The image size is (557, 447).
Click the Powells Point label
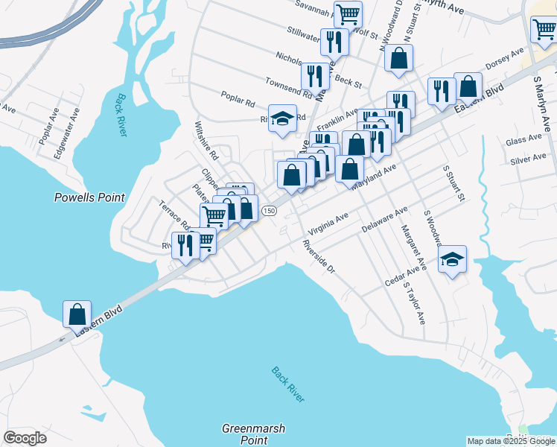pyautogui.click(x=89, y=197)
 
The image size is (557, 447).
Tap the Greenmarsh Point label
pyautogui.click(x=254, y=434)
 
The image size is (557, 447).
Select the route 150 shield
pyautogui.click(x=269, y=212)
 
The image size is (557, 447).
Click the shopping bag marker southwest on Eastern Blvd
pyautogui.click(x=77, y=314)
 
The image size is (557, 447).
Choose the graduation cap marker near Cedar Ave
pyautogui.click(x=452, y=259)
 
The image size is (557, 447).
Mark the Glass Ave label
pyautogui.click(x=523, y=140)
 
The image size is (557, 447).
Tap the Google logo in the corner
pyautogui.click(x=25, y=438)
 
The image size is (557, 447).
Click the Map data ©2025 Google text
pyautogui.click(x=510, y=441)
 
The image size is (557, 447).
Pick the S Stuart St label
pyautogui.click(x=453, y=184)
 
